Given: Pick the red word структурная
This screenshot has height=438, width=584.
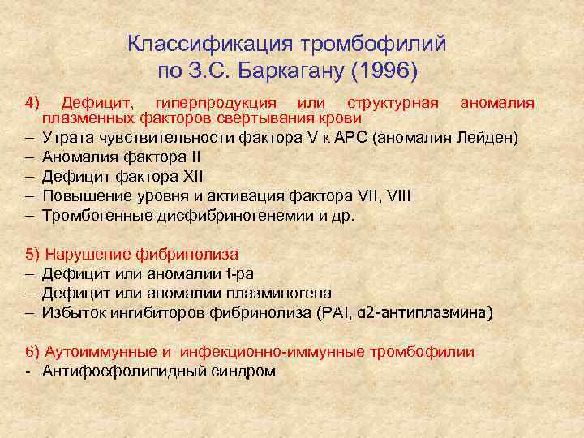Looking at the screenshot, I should (393, 103).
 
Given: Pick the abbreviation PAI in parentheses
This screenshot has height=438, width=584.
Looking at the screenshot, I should (340, 312).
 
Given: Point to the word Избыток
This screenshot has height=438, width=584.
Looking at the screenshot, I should (73, 312).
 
